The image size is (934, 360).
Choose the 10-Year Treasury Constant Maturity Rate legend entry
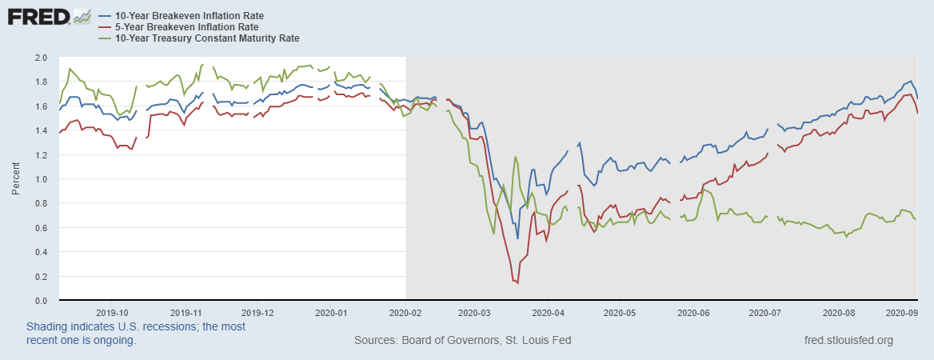click(201, 37)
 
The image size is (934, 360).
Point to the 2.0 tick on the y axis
click(41, 58)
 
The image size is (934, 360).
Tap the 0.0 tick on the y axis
click(41, 301)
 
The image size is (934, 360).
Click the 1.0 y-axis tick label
click(41, 179)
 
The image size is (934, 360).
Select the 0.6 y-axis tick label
click(41, 228)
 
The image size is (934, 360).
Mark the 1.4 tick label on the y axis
click(41, 131)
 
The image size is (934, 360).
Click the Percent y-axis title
click(16, 179)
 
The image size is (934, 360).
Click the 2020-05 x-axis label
click(620, 313)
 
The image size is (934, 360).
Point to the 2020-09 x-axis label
click(902, 313)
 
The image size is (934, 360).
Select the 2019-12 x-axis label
click(257, 313)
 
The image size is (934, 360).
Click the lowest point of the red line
click(518, 282)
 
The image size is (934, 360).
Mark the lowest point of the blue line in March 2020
click(518, 238)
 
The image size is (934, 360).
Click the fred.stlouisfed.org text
click(848, 340)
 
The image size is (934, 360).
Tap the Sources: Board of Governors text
click(462, 340)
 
